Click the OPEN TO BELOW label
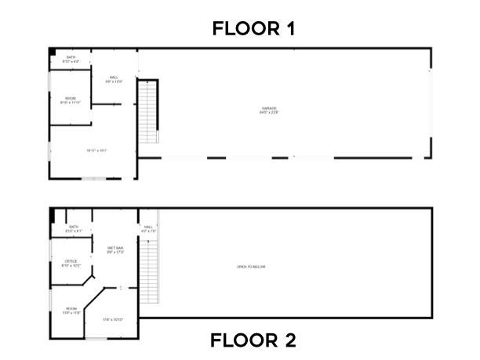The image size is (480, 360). pos(251,267)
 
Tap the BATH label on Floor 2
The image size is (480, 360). pos(73,228)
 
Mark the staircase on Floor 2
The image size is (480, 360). pos(151,271)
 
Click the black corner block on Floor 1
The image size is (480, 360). pos(52,53)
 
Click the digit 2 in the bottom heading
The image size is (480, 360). pos(289,341)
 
